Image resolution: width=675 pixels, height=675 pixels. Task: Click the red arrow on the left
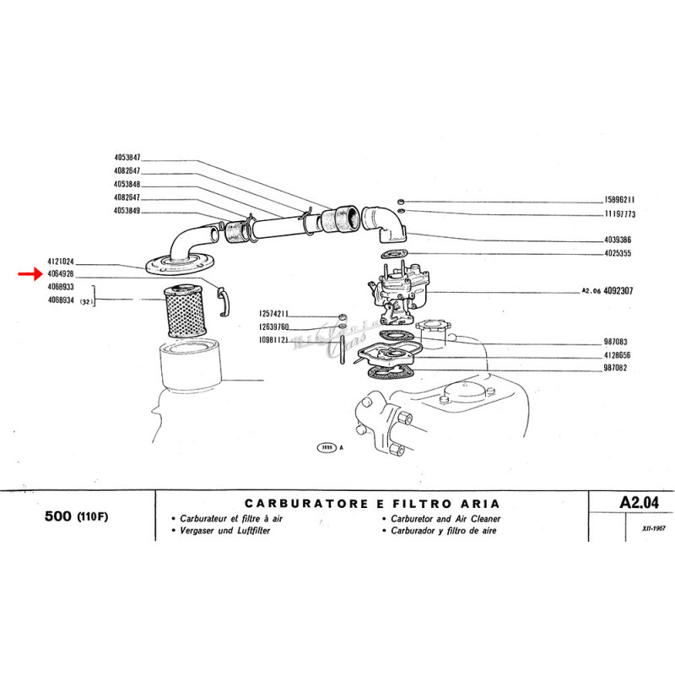30,274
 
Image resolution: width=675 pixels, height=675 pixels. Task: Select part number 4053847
127,158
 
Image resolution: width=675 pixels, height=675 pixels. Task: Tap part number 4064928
62,275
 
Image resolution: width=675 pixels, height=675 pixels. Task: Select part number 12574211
274,314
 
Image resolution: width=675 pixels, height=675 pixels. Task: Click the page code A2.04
638,502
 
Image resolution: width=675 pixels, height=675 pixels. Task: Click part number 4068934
62,299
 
